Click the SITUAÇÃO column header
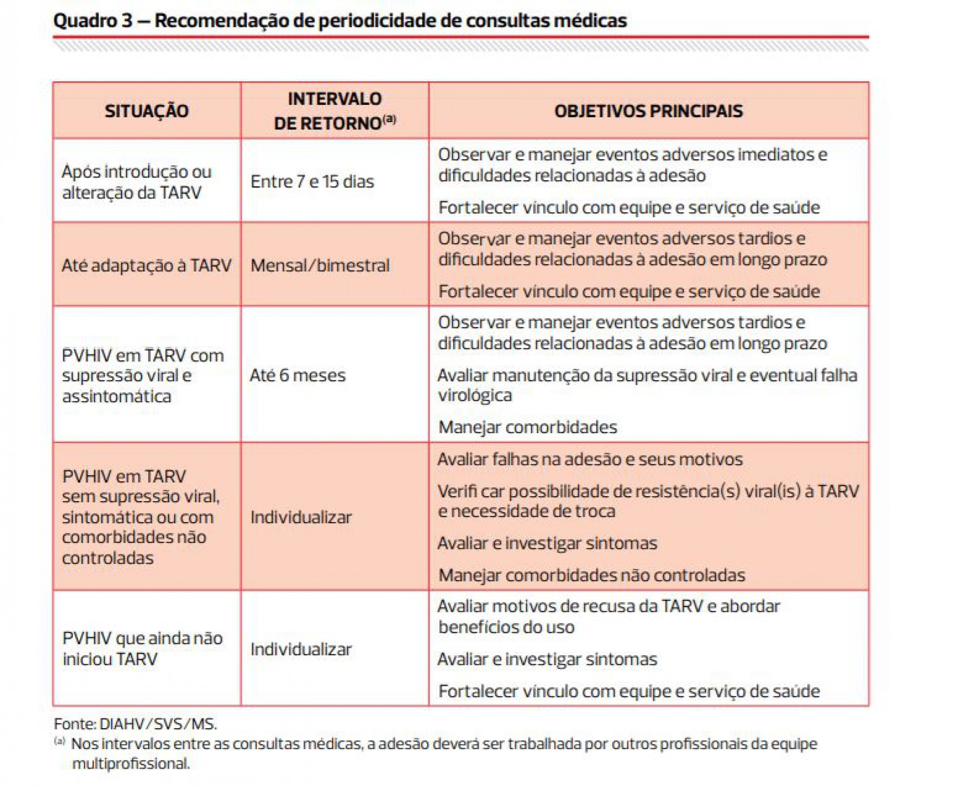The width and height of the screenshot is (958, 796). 146,111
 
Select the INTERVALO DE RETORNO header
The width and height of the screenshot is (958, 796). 334,111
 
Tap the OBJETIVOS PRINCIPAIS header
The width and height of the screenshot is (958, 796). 648,111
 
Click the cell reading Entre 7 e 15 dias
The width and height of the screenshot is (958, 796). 312,182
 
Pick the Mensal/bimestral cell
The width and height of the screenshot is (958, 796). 320,265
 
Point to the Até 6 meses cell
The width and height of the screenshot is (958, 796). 297,375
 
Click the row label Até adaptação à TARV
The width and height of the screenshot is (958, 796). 146,265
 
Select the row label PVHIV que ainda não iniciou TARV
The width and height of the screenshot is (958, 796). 142,649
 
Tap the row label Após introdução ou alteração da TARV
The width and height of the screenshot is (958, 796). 136,182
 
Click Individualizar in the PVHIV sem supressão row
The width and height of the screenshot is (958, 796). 301,518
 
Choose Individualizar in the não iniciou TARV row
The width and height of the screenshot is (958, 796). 301,649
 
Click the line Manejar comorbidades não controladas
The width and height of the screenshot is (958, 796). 591,575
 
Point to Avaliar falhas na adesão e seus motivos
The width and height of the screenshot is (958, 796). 590,459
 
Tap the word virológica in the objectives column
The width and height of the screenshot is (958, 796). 475,396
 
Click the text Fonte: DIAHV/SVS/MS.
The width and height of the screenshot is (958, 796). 135,724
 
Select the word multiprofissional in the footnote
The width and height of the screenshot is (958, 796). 131,764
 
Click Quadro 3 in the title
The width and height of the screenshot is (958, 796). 93,21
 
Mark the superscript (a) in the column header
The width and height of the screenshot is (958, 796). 389,119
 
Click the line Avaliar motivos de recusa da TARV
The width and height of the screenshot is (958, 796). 609,606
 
